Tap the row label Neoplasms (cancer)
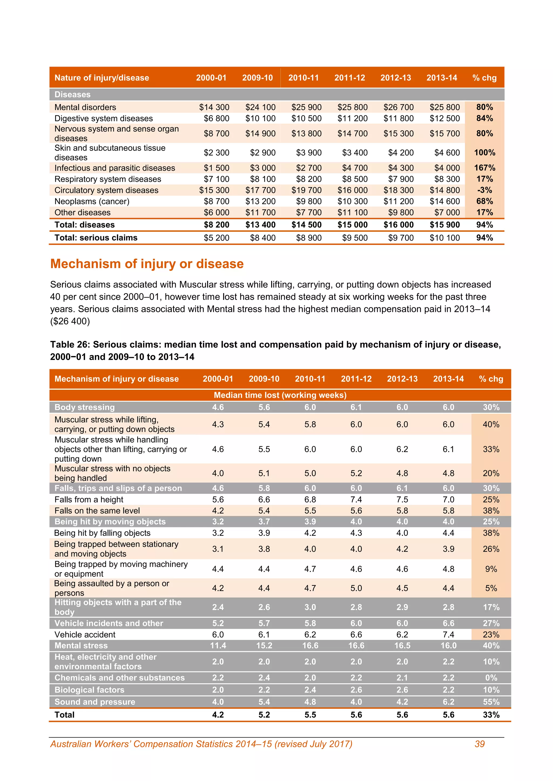(x=92, y=201)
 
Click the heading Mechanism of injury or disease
(x=147, y=264)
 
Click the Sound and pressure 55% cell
(x=491, y=702)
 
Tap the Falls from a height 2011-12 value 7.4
(x=356, y=499)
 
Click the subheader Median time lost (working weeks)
(x=280, y=395)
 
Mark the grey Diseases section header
(x=73, y=95)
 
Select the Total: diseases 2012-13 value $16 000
(x=398, y=225)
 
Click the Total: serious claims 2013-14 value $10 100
(x=444, y=238)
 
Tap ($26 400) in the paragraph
(x=70, y=321)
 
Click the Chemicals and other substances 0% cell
(x=491, y=678)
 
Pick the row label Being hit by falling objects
(x=102, y=533)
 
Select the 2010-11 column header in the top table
(x=304, y=78)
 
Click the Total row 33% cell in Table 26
(x=491, y=715)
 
